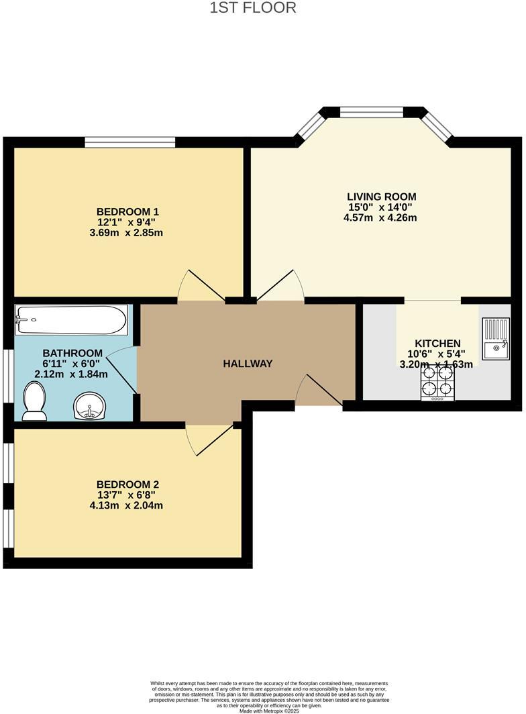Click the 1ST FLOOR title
point(253,8)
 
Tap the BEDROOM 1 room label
point(127,211)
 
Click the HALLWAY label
point(248,364)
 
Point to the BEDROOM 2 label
point(127,484)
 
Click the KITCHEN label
point(437,343)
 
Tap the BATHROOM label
point(72,353)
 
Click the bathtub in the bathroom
point(71,320)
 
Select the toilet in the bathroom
point(34,401)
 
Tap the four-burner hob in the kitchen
point(437,382)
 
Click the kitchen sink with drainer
point(496,339)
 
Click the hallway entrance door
point(319,392)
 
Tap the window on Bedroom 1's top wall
point(129,142)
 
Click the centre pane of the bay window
point(371,111)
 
